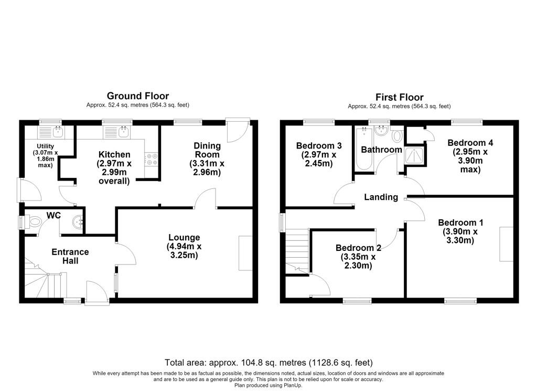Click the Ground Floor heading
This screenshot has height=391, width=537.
click(138, 96)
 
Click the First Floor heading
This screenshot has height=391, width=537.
click(399, 97)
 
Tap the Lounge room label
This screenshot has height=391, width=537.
click(184, 237)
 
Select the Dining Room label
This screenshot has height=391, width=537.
click(207, 150)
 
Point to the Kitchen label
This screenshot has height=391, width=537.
click(114, 154)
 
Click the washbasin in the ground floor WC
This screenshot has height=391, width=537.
click(78, 223)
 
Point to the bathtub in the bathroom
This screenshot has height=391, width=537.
click(363, 149)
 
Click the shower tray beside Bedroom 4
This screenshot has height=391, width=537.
click(415, 155)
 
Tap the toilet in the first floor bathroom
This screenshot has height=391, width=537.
click(398, 136)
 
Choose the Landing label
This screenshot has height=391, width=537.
click(381, 197)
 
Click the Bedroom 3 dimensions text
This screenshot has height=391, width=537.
click(319, 159)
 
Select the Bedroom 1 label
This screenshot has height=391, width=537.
click(460, 223)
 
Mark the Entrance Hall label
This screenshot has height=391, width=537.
click(70, 256)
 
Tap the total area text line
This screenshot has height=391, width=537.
click(268, 363)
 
